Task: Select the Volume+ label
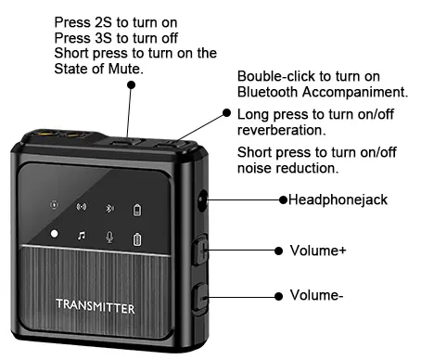[316, 251]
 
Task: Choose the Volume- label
[316, 296]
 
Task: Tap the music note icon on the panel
[82, 237]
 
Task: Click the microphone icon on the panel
[109, 237]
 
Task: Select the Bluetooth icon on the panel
[109, 208]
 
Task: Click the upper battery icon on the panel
[138, 208]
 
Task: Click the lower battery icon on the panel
[138, 238]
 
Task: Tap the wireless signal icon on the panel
[82, 208]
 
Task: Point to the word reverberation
[279, 131]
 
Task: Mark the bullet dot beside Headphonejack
[283, 199]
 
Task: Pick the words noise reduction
[287, 168]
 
